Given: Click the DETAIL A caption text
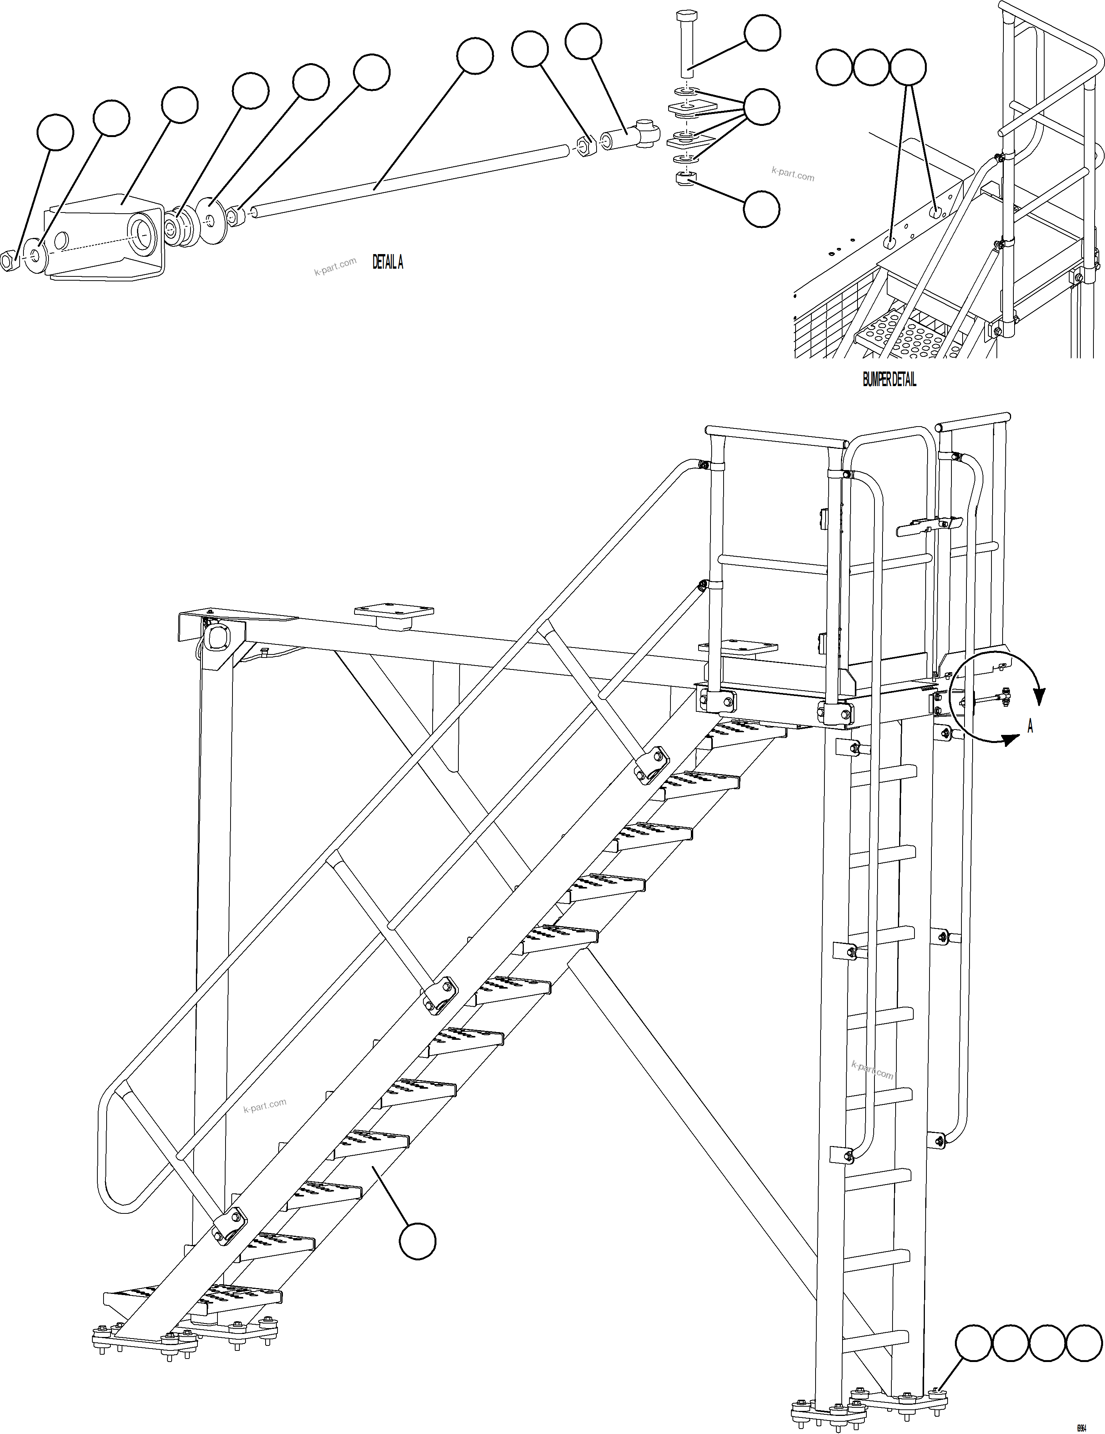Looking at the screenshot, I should coord(387,263).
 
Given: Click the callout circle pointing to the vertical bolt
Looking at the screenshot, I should coord(762,32).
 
